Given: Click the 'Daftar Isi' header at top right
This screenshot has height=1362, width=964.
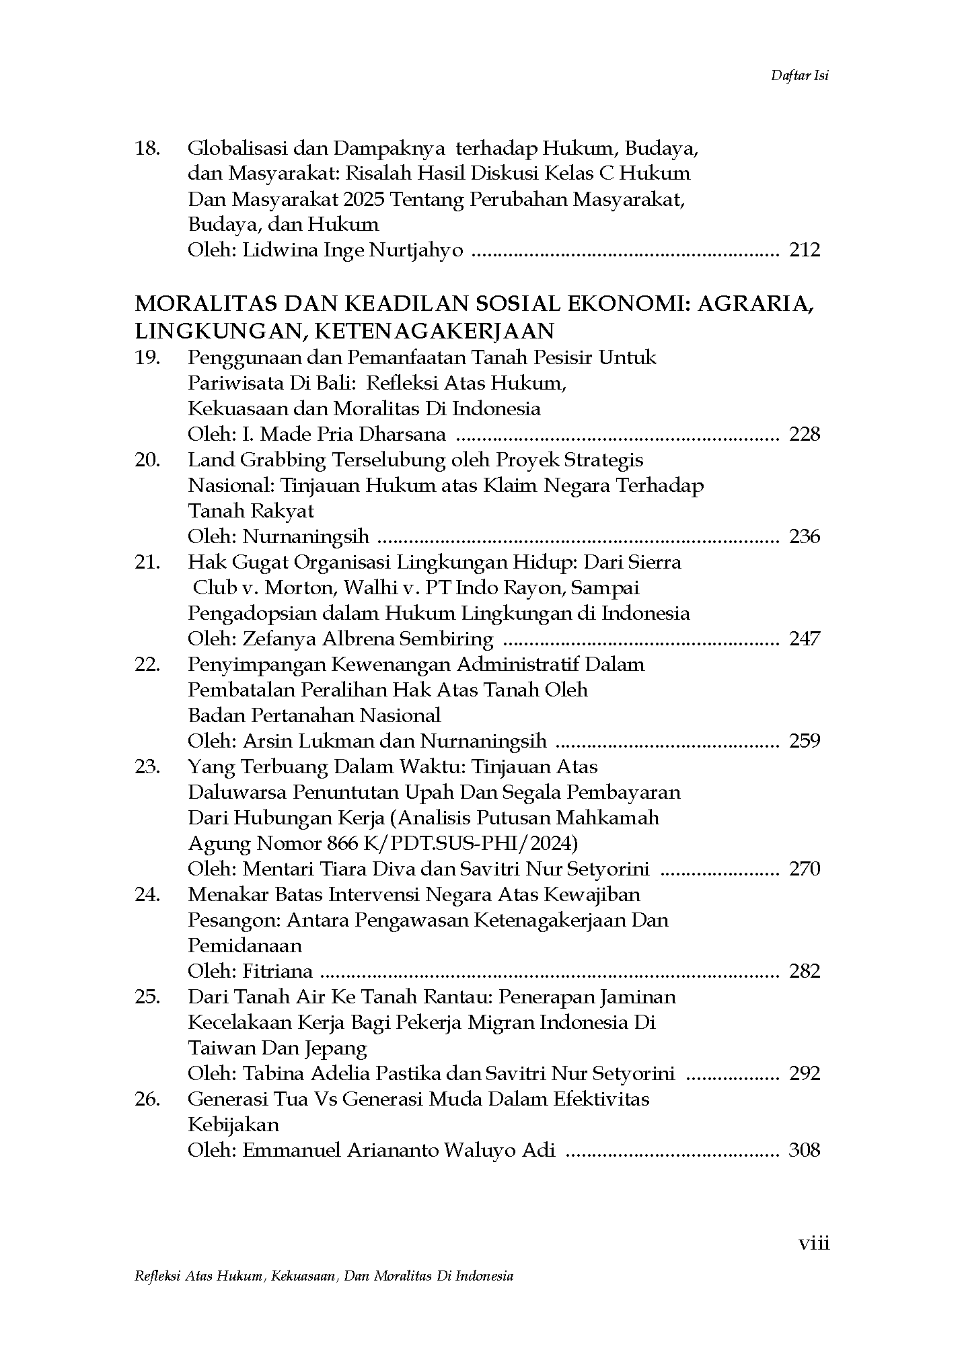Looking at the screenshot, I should point(799,75).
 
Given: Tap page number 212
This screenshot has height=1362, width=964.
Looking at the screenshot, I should point(805,250).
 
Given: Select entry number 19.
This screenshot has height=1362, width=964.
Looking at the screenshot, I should point(147,357).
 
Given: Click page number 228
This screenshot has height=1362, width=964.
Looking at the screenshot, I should point(805,434).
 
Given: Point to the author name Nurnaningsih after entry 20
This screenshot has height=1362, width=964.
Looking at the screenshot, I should point(305,536).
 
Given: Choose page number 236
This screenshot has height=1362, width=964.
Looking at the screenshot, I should point(805,536).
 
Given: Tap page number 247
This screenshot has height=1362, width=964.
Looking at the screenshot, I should point(805,639).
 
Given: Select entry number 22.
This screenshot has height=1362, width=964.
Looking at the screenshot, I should point(147,664).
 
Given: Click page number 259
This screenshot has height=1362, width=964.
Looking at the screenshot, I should point(805,741).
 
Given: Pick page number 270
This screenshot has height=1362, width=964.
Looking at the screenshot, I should point(805,869).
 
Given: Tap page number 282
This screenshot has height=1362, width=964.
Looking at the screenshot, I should point(805,971).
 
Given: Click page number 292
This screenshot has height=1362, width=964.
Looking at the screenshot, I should point(805,1073).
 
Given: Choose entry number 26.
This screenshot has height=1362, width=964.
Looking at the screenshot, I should point(147,1099).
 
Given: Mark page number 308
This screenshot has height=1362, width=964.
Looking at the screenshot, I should point(805,1150).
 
